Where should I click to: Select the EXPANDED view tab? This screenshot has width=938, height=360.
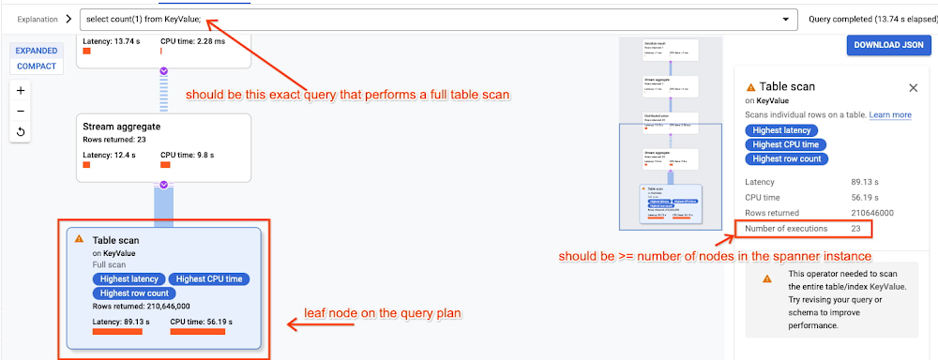click(x=36, y=51)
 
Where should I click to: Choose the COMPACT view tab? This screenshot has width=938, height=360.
click(x=36, y=67)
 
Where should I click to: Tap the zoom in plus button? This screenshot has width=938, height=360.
click(x=22, y=91)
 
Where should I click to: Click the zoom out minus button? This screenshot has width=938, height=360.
click(x=22, y=112)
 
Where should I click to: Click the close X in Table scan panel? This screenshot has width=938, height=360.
click(x=913, y=87)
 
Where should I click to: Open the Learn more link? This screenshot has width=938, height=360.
click(x=890, y=114)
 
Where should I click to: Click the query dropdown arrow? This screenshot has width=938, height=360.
click(x=784, y=18)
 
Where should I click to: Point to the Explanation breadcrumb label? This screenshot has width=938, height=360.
click(x=38, y=18)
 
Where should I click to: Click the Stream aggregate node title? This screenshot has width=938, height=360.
click(x=121, y=126)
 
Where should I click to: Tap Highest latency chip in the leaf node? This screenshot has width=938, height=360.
click(x=129, y=278)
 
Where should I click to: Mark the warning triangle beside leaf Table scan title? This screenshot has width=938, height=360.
click(x=80, y=239)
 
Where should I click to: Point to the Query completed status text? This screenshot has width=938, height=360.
click(x=865, y=18)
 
